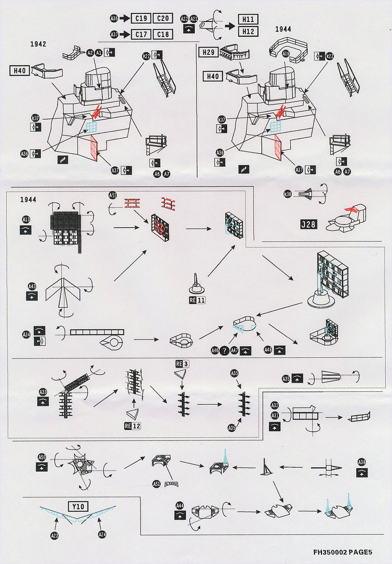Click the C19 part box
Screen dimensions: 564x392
pyautogui.click(x=141, y=18)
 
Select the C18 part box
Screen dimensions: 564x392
pyautogui.click(x=163, y=34)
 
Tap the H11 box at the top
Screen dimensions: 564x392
pyautogui.click(x=248, y=19)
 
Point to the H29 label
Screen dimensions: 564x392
pyautogui.click(x=208, y=52)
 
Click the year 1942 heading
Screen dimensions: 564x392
pyautogui.click(x=38, y=44)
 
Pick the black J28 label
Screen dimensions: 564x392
pyautogui.click(x=308, y=224)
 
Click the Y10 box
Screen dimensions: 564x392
pyautogui.click(x=78, y=506)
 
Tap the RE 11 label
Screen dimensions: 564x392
pyautogui.click(x=197, y=300)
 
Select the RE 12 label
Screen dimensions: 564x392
pyautogui.click(x=133, y=426)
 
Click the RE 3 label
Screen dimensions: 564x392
pyautogui.click(x=182, y=364)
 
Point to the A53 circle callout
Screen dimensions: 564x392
pyautogui.click(x=113, y=195)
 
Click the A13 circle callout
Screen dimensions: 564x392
pyautogui.click(x=26, y=220)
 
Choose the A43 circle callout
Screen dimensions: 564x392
pyautogui.click(x=32, y=286)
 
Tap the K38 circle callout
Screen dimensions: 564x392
pyautogui.click(x=288, y=194)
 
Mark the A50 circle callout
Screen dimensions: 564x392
pyautogui.click(x=42, y=457)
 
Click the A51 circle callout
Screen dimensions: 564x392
pyautogui.click(x=157, y=484)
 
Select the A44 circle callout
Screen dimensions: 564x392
pyautogui.click(x=180, y=506)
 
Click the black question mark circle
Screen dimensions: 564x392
pyautogui.click(x=225, y=350)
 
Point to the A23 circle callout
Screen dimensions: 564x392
pyautogui.click(x=54, y=535)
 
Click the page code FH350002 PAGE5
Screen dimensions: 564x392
pyautogui.click(x=343, y=552)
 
